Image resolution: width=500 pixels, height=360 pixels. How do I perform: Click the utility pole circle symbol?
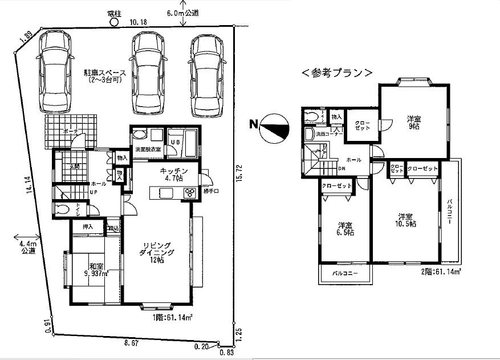point(113,22)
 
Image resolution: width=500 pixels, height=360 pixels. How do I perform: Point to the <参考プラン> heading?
point(337,73)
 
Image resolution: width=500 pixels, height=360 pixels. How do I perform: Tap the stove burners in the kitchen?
point(189,193)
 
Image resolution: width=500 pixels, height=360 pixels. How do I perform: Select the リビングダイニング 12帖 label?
point(155,252)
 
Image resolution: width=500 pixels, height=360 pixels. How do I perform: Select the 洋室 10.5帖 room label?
point(406,221)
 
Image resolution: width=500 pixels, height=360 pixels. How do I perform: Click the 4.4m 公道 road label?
point(25,247)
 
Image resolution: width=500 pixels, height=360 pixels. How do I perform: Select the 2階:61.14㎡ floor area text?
point(437,273)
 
